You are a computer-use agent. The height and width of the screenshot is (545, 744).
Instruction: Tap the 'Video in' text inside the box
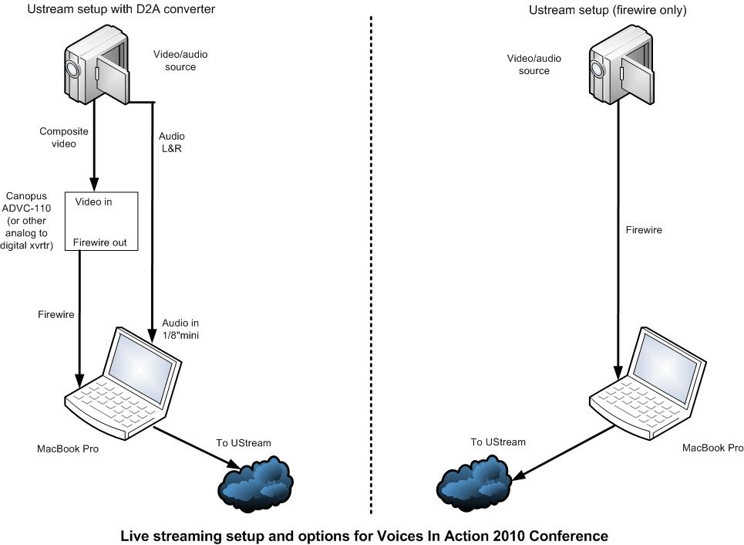coord(93,201)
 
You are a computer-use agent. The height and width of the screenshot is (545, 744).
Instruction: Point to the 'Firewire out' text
coord(105,242)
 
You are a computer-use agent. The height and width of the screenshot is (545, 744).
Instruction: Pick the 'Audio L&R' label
coord(172,142)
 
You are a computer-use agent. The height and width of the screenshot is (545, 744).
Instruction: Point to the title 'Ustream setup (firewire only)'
coord(608,10)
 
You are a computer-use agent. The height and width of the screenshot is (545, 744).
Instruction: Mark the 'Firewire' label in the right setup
coord(643,229)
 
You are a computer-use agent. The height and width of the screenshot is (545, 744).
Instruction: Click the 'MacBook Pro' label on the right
coord(713,448)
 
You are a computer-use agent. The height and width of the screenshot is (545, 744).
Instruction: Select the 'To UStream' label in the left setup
coord(244,442)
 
